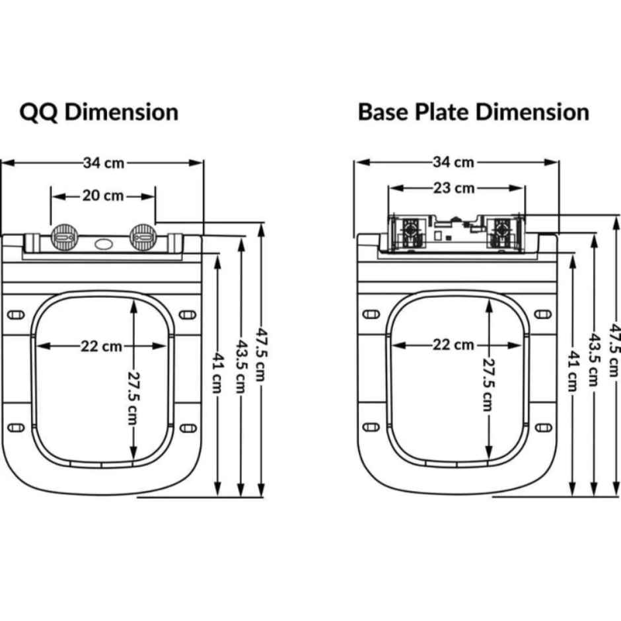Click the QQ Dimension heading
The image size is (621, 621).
point(99,112)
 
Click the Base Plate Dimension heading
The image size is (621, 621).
point(473,112)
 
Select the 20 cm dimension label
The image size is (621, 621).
point(103,196)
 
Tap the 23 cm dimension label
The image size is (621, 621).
point(455,188)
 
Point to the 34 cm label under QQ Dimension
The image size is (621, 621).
point(104,163)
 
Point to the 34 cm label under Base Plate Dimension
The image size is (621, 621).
point(454,162)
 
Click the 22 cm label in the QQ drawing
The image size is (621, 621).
point(101,346)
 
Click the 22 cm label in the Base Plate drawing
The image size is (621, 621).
point(454,344)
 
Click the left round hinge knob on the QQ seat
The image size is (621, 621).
point(64,235)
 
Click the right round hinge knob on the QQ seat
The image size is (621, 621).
point(143,235)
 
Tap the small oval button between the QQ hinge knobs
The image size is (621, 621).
point(104,244)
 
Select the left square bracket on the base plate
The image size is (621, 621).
point(408,233)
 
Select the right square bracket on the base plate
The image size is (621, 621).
point(504,233)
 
